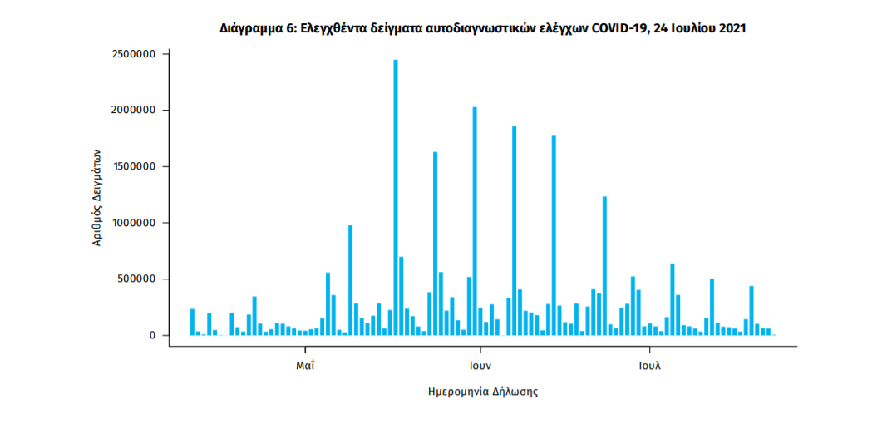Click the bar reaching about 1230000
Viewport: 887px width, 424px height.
(605, 266)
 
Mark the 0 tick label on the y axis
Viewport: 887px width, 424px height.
(152, 335)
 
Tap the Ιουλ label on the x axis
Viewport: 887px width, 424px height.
(649, 365)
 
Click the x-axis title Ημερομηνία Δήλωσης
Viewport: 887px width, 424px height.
(482, 391)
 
